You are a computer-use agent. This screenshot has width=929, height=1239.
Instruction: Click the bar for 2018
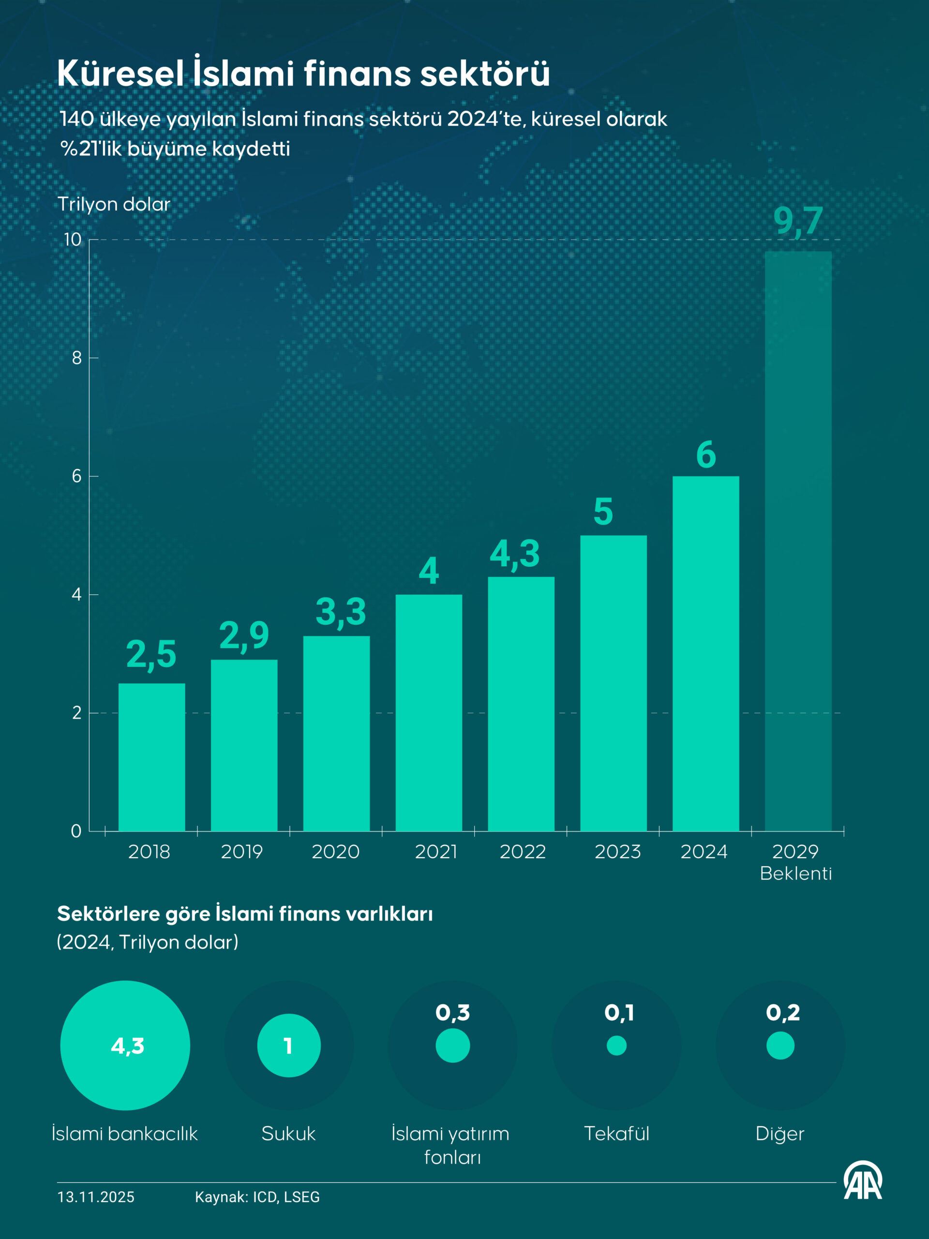(x=152, y=757)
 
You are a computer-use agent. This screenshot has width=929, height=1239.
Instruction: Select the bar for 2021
(x=429, y=712)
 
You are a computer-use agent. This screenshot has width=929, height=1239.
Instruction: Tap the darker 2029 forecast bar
(x=798, y=541)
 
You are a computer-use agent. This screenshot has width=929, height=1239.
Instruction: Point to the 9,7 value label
(x=798, y=221)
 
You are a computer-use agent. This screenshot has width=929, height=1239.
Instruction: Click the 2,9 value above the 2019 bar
(x=244, y=636)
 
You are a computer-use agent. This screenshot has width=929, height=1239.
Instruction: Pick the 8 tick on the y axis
(x=77, y=358)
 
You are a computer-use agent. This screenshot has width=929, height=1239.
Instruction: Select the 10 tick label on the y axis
(x=72, y=240)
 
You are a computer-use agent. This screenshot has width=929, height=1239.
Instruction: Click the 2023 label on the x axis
(x=617, y=852)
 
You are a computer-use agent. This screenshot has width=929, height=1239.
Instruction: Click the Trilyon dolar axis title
(x=114, y=204)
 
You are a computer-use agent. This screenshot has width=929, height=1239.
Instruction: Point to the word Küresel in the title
(x=120, y=74)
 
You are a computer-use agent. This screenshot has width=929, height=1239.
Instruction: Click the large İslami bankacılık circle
(x=125, y=1046)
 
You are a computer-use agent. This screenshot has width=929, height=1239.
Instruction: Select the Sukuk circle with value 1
(x=289, y=1046)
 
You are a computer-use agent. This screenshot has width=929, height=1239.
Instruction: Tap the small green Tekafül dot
(x=616, y=1046)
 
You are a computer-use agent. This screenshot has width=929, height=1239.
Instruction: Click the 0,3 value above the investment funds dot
(x=452, y=1012)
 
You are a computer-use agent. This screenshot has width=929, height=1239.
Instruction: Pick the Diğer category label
(x=779, y=1133)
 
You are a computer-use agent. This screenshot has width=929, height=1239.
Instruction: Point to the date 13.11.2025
(x=96, y=1197)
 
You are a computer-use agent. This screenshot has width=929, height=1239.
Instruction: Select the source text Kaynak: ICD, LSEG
(x=257, y=1197)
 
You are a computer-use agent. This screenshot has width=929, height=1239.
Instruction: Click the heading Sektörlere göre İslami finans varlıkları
(x=245, y=914)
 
